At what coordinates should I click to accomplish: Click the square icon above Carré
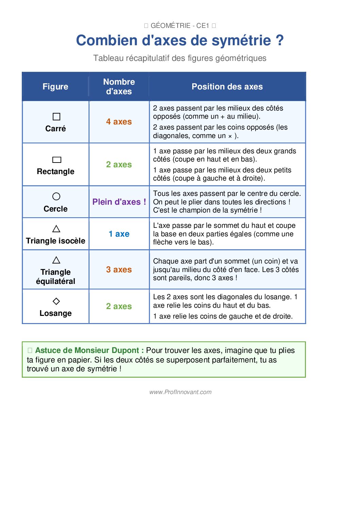pos(56,117)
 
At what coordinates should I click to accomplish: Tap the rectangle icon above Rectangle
pos(56,160)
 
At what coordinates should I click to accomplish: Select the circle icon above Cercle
pos(56,197)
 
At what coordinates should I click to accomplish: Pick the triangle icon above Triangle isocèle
pos(56,229)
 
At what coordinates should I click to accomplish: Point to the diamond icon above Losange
pos(56,301)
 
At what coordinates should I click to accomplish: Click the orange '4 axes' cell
pos(119,122)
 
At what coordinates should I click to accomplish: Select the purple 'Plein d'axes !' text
pos(119,202)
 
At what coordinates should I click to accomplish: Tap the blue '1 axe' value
pos(119,234)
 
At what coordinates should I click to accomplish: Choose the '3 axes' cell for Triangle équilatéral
pos(119,270)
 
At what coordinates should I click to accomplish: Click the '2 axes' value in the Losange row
pos(119,306)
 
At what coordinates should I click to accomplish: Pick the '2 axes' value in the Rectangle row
pos(119,165)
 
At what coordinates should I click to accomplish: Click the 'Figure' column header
pos(55,87)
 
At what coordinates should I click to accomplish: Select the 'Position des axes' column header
pos(227,87)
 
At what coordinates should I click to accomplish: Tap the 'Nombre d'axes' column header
pos(119,87)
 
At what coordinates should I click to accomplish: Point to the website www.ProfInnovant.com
pos(180,392)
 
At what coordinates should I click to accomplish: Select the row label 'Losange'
pos(55,313)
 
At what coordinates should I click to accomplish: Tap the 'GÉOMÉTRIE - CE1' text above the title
pos(180,26)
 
